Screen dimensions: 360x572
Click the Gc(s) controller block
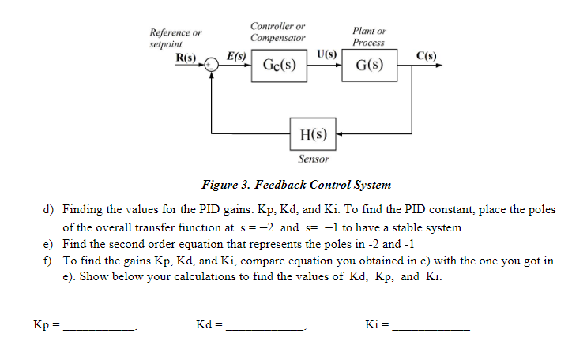click(280, 66)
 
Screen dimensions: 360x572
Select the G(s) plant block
click(369, 66)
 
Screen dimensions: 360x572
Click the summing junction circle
click(211, 66)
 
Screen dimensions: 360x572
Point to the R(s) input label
click(186, 58)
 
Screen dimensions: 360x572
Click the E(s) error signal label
click(236, 56)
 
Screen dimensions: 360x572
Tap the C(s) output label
click(427, 56)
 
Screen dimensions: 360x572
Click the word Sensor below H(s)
click(313, 159)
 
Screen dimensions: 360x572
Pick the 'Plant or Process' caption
click(369, 36)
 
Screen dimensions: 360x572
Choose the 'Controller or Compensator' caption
click(277, 32)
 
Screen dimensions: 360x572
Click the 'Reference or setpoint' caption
click(175, 39)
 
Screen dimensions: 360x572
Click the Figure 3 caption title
click(296, 186)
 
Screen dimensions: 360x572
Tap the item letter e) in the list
click(48, 244)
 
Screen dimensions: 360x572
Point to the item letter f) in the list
click(48, 261)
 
